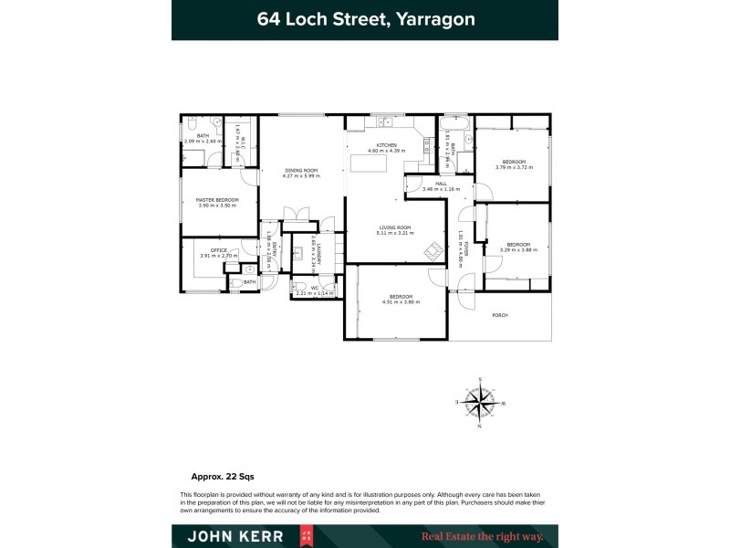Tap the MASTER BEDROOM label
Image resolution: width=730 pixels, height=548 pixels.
[x=216, y=200]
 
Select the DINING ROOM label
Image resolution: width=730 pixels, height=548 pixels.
[x=300, y=170]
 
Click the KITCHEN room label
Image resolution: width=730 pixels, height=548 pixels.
[x=386, y=144]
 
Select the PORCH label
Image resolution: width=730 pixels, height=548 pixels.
[x=499, y=315]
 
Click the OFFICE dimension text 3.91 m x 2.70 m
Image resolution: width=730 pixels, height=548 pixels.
[x=218, y=256]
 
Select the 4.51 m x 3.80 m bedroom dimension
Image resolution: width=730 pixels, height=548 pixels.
[x=401, y=301]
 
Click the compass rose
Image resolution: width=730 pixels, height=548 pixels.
[x=480, y=402]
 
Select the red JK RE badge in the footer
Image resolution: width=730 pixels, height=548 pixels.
[x=308, y=536]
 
